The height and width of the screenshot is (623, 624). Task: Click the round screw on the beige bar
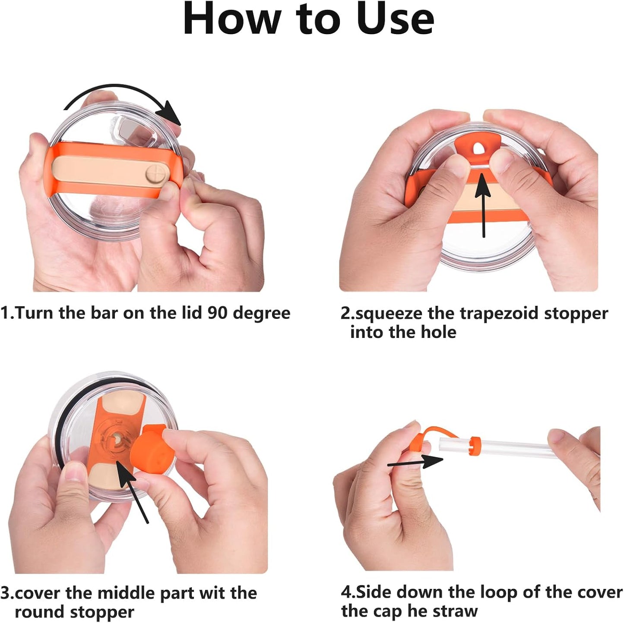(154, 175)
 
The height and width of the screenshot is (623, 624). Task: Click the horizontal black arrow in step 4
(415, 462)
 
